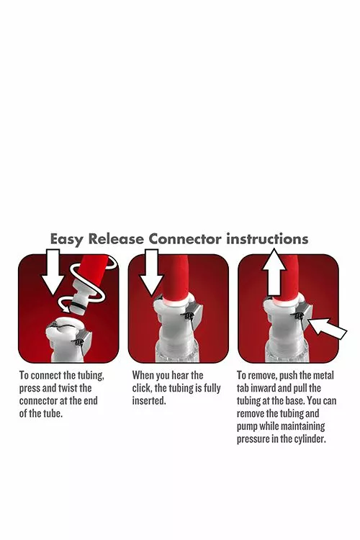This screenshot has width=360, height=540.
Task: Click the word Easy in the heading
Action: (67, 239)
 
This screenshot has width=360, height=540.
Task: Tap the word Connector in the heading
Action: (185, 238)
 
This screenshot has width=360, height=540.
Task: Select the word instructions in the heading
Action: (267, 238)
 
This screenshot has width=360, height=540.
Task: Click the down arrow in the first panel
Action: (53, 272)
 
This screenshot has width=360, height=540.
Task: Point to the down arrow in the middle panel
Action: (150, 273)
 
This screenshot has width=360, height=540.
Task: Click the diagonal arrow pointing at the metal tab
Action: (328, 328)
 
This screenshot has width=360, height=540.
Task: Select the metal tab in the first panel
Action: (84, 341)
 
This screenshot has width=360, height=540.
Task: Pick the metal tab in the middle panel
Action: (193, 311)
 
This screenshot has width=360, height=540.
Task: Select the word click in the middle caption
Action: (142, 388)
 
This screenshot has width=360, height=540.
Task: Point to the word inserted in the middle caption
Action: (149, 401)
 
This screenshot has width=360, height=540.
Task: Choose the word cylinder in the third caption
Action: (310, 439)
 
